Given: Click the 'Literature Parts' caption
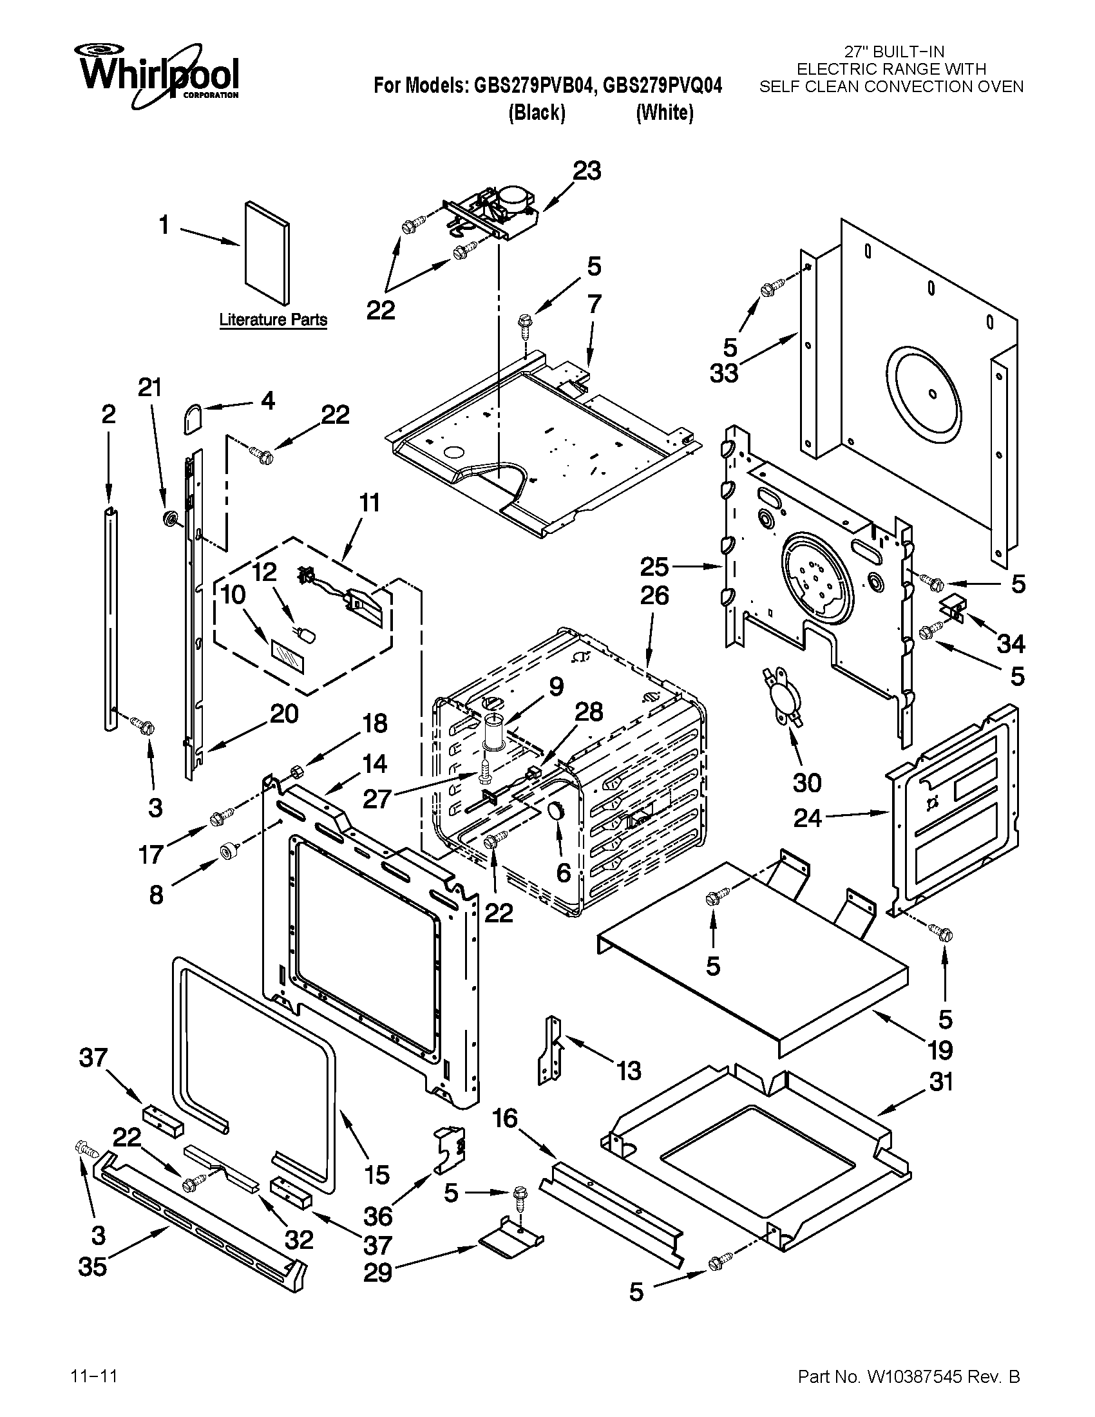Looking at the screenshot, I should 272,319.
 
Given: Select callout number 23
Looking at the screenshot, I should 586,171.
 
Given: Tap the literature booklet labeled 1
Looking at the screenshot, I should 267,253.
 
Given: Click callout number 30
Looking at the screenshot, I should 806,783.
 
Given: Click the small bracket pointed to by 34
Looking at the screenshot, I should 953,608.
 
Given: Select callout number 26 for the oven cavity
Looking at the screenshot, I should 654,596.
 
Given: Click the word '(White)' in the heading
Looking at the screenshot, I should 664,113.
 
